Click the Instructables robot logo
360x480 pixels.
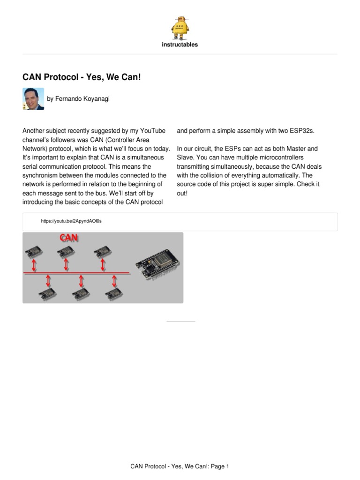coord(180,28)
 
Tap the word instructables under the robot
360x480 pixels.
coord(180,45)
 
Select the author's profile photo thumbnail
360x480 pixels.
coord(33,99)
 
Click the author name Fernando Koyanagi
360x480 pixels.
coord(79,99)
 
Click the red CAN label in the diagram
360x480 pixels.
coord(69,238)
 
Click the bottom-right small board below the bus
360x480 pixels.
coord(114,292)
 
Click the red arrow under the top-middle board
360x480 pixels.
coord(66,265)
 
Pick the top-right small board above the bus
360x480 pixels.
coord(102,252)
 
